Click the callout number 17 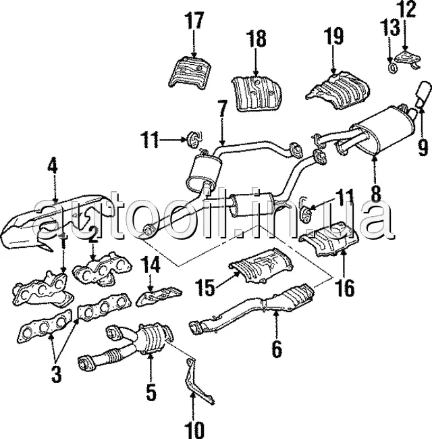(x=194, y=20)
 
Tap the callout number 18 (x=256, y=38)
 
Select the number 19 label (x=333, y=36)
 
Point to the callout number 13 (x=389, y=27)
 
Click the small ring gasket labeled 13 (x=393, y=68)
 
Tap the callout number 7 (x=222, y=110)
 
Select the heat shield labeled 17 (x=190, y=72)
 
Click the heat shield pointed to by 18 (x=256, y=93)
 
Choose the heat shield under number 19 (x=337, y=90)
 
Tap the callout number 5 (x=151, y=392)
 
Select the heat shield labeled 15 (x=261, y=265)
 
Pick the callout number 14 (x=151, y=265)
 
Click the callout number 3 (x=56, y=374)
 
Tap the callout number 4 (x=53, y=165)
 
